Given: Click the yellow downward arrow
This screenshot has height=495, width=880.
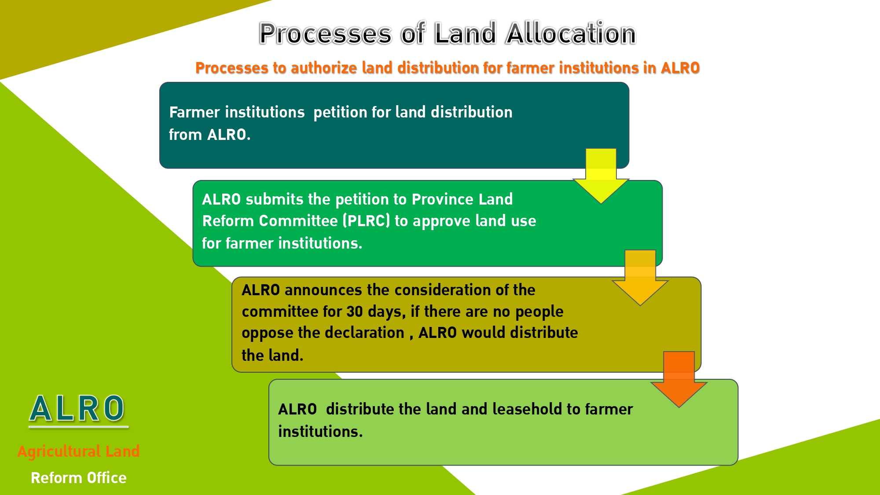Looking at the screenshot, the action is pyautogui.click(x=601, y=176).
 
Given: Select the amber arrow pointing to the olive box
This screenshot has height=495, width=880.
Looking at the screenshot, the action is pyautogui.click(x=640, y=278).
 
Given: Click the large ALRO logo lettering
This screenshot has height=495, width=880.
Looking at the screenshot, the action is pyautogui.click(x=77, y=408).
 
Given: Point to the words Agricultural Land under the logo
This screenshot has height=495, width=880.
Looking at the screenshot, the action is pyautogui.click(x=78, y=451).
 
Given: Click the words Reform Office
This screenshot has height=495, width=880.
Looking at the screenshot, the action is pyautogui.click(x=79, y=478).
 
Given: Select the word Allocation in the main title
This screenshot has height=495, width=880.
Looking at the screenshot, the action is pyautogui.click(x=571, y=33).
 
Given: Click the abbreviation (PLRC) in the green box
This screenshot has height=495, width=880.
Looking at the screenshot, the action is pyautogui.click(x=366, y=221).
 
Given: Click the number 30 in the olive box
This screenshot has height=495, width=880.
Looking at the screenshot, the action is pyautogui.click(x=355, y=312).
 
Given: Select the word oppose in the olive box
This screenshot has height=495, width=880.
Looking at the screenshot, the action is pyautogui.click(x=267, y=333).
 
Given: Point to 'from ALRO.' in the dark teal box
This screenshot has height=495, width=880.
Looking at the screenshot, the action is pyautogui.click(x=209, y=135).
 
